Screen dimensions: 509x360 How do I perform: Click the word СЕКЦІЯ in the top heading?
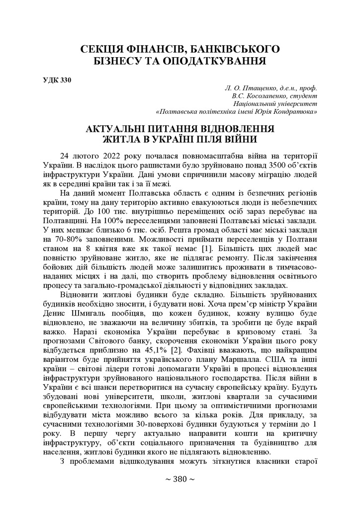coord(105,49)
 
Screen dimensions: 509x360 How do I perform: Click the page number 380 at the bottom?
coord(180,479)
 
